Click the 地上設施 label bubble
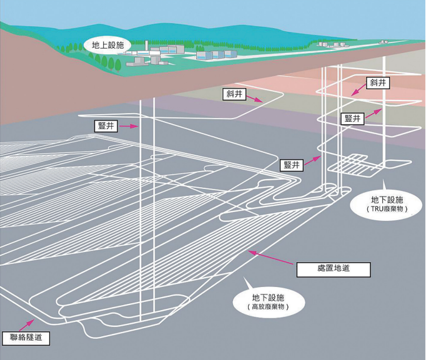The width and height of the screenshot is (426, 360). [107, 45]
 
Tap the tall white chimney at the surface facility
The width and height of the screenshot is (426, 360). [145, 49]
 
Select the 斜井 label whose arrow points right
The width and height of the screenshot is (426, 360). [235, 95]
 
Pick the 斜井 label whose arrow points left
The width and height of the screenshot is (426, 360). [377, 82]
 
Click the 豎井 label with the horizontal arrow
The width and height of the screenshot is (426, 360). [105, 126]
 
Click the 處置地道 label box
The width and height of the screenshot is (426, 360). [332, 270]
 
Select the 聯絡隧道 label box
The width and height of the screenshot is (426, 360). [24, 338]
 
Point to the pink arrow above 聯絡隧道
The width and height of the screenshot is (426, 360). [27, 322]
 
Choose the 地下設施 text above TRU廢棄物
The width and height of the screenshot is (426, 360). [387, 200]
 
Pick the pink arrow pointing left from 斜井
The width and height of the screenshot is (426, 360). [358, 91]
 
